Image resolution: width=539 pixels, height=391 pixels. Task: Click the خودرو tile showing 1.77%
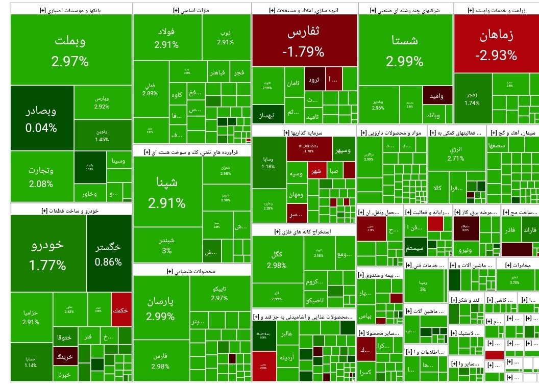pos(47,253)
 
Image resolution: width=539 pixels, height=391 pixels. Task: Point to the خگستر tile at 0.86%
pos(108,254)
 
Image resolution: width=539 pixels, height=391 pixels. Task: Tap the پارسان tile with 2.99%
pos(161,308)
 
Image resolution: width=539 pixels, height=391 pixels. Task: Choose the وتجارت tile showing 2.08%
pos(41,176)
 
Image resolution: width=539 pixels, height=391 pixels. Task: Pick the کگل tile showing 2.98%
pos(278,259)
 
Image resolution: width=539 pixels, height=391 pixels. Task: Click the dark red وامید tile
pos(437,96)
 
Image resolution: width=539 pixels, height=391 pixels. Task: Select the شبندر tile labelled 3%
pos(167,245)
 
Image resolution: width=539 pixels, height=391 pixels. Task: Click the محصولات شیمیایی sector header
pos(191,271)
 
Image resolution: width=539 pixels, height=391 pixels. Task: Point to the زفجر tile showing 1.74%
pos(472,98)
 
